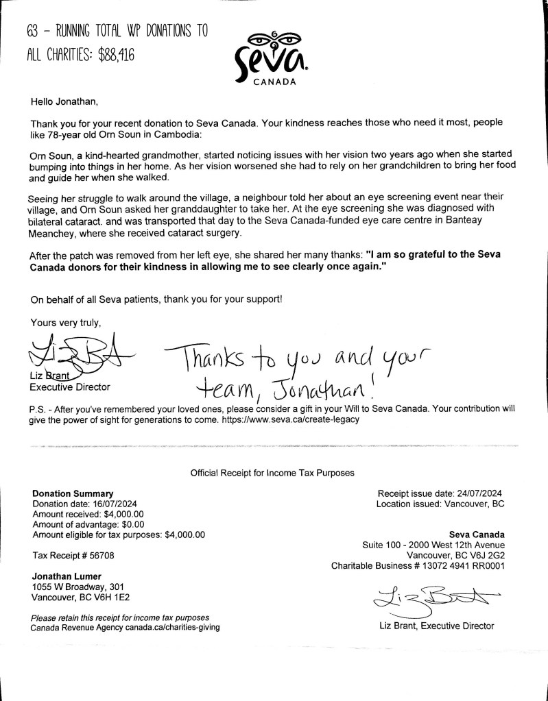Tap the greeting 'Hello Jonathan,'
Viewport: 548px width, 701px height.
(x=64, y=102)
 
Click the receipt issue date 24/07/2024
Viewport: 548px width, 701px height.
(x=480, y=493)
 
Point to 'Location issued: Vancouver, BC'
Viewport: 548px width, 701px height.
(x=440, y=504)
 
